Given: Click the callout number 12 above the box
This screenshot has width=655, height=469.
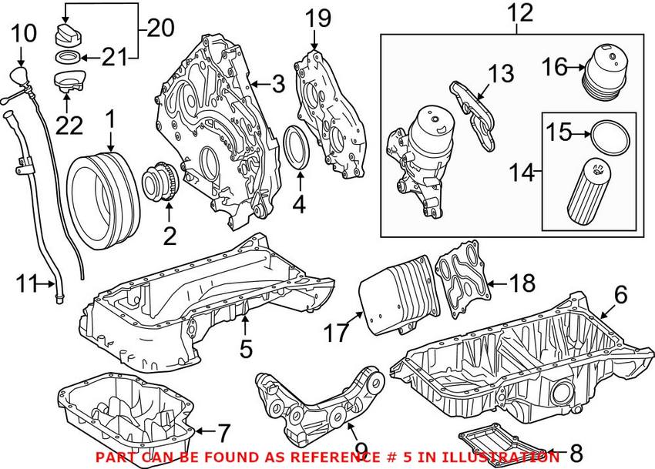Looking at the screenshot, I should pos(520,13).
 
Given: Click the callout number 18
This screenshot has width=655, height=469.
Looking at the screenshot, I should pos(522,283).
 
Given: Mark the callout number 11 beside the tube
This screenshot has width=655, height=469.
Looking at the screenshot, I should pos(26,284).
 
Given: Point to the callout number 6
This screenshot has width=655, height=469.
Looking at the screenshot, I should pos(620,294).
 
